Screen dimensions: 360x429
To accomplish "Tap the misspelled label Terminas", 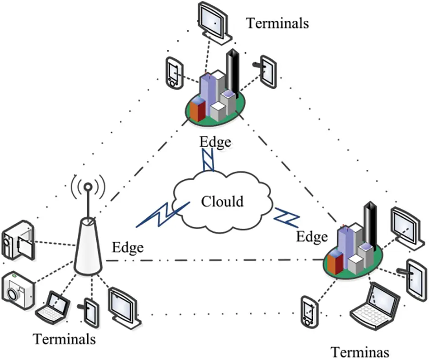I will click(x=360, y=352).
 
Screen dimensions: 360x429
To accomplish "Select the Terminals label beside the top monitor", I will click(x=277, y=22).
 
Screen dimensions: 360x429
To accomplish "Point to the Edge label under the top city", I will click(x=215, y=141).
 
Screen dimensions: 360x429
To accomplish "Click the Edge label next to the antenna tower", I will click(x=128, y=247).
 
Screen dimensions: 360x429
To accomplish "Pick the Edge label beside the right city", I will click(x=311, y=236).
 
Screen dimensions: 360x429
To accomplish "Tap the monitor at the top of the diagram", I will click(x=214, y=22).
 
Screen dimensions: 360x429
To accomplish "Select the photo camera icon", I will click(x=18, y=290).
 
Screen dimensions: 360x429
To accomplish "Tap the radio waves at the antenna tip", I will click(x=88, y=187).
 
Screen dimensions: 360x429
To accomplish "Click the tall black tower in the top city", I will click(x=232, y=71).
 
